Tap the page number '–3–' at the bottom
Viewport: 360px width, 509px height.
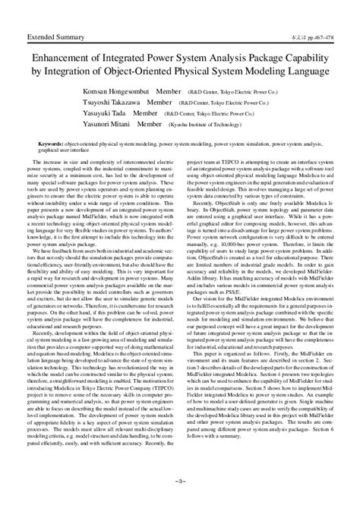[x=180, y=501]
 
